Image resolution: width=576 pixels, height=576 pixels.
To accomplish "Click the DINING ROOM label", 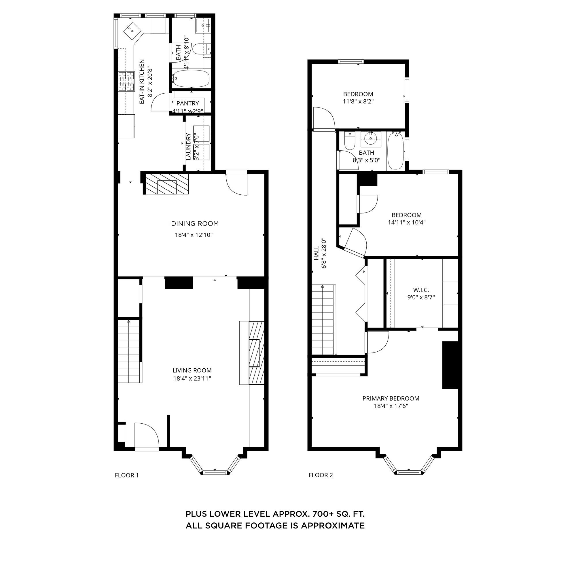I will (195, 223).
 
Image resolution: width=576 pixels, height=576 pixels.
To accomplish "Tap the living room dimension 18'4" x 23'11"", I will (192, 379).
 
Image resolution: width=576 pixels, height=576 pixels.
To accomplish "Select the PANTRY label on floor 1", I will (187, 103).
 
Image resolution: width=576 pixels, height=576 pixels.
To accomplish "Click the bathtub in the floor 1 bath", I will (191, 78).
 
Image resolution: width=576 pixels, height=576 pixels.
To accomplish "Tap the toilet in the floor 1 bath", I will (200, 49).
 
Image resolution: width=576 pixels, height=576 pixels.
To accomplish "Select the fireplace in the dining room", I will (167, 184).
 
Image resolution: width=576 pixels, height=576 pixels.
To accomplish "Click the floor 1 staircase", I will (129, 352).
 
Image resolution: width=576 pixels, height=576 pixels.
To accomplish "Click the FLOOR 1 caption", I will (127, 475).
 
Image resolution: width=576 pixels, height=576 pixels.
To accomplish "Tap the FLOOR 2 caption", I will (321, 475).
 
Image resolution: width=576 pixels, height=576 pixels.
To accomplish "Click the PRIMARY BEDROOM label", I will (391, 398).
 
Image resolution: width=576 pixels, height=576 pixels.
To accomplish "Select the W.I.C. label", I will (421, 290).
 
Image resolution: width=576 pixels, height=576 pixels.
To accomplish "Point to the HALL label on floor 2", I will (316, 253).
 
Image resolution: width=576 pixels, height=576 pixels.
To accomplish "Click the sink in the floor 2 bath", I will (371, 139).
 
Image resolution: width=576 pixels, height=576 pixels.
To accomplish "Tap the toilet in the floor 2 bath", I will (349, 142).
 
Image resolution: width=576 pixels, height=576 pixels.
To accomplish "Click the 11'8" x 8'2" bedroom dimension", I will (358, 101).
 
